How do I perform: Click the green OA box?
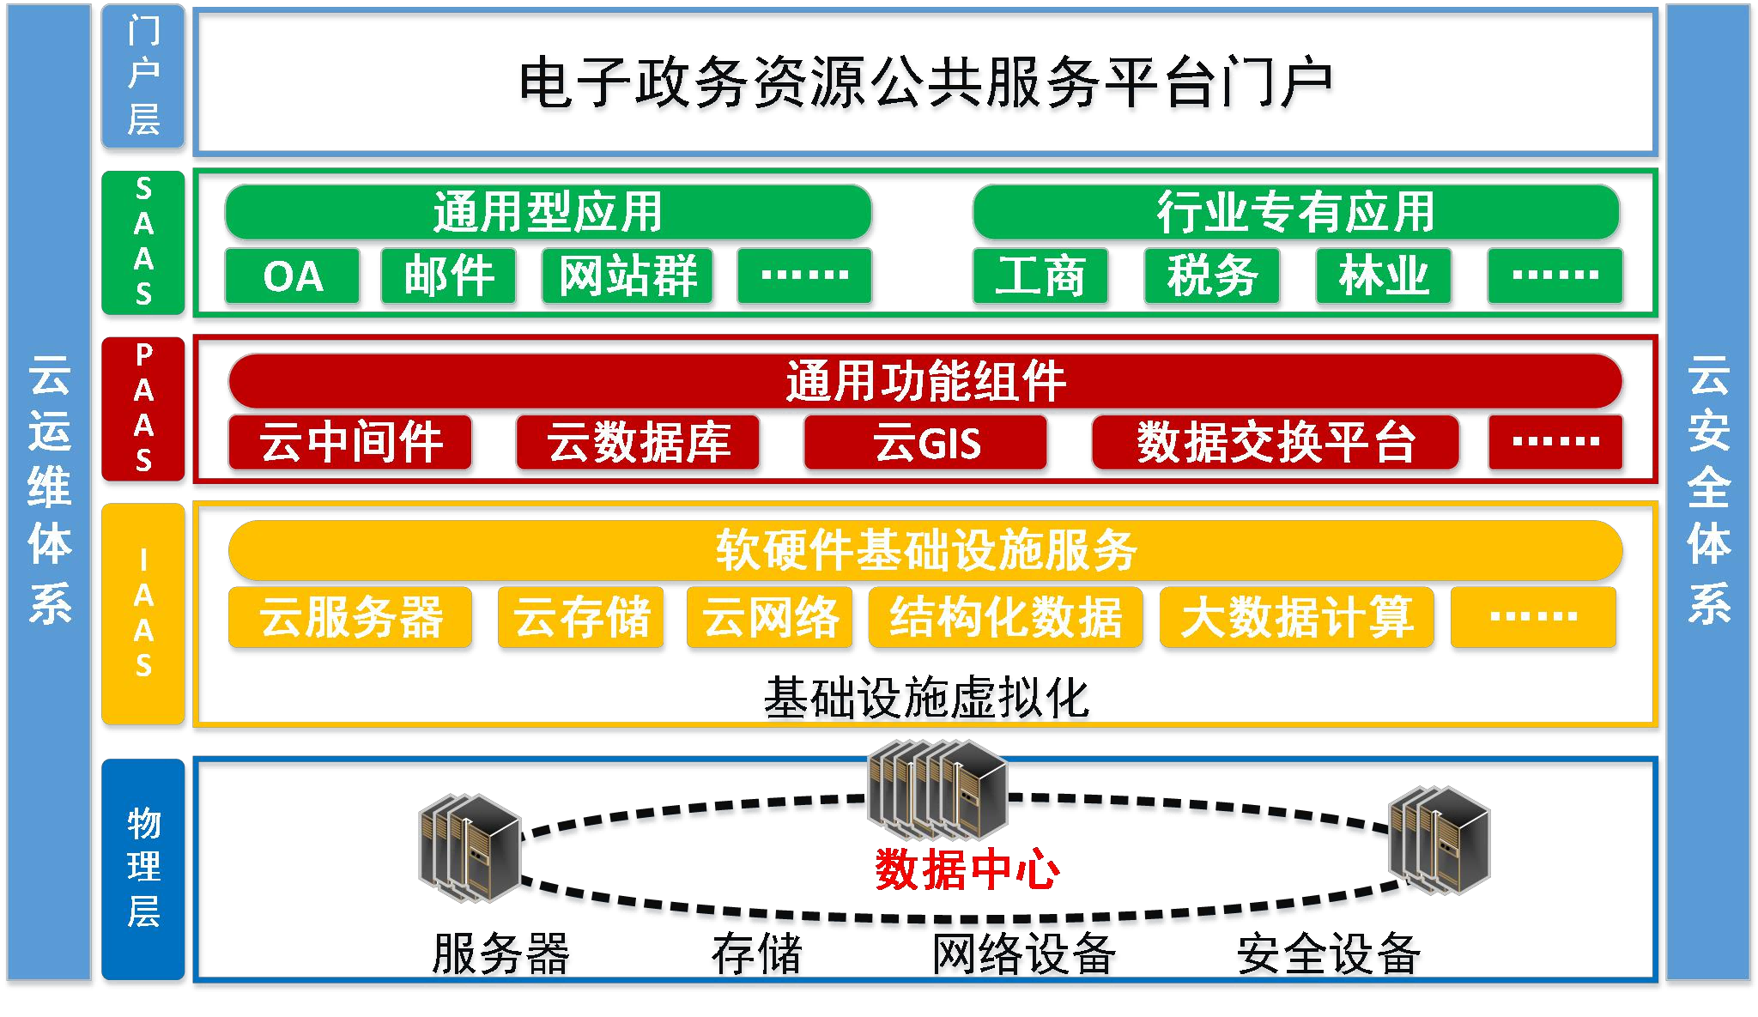click(x=292, y=276)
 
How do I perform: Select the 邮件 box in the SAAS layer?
click(x=448, y=276)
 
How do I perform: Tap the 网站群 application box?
click(x=627, y=276)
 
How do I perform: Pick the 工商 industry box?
click(x=1040, y=276)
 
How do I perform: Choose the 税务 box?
click(x=1211, y=276)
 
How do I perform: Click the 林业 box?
click(x=1383, y=276)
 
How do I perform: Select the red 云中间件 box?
click(x=350, y=443)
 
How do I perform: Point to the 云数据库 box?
click(x=638, y=443)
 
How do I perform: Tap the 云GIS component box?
click(x=925, y=443)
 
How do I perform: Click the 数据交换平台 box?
click(x=1275, y=443)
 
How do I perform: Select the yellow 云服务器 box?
click(x=350, y=617)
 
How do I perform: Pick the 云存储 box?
click(x=581, y=617)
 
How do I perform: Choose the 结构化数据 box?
click(x=1005, y=617)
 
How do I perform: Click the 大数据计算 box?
click(x=1296, y=617)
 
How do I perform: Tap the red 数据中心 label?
click(x=967, y=869)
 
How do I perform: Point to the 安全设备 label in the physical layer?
click(x=1328, y=953)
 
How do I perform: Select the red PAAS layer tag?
click(x=143, y=409)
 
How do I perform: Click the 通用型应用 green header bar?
click(x=548, y=212)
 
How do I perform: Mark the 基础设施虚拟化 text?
click(x=925, y=697)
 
